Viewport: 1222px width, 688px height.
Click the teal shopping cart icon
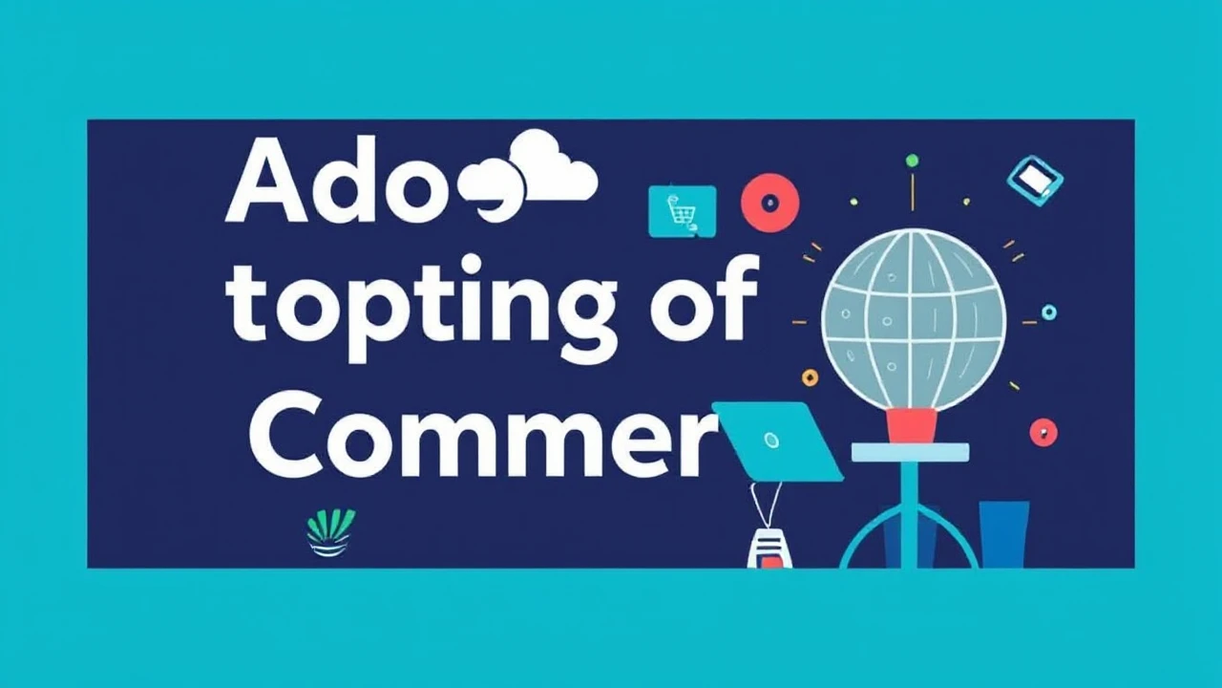(682, 210)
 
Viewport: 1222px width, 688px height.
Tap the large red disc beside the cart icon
(770, 203)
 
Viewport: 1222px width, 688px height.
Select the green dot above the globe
(912, 161)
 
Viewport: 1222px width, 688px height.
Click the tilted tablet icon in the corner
(1036, 180)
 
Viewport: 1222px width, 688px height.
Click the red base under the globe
(911, 426)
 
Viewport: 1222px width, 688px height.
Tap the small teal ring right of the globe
(1049, 312)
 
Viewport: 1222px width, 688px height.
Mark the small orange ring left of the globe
(811, 377)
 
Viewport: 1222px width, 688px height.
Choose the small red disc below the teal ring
(1043, 432)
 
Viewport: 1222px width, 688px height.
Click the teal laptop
(778, 441)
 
